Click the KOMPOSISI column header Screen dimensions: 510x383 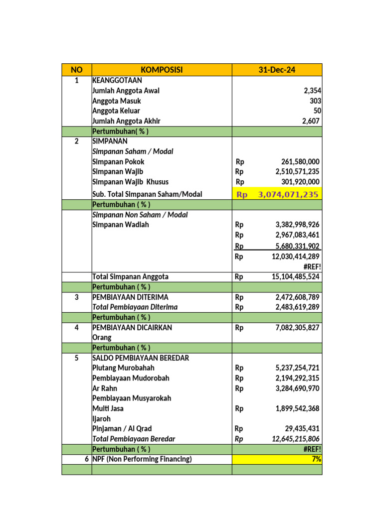coord(162,70)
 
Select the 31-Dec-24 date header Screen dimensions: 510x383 coord(277,70)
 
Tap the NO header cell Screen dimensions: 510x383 coord(76,70)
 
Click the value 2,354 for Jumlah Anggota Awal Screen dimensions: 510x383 coord(312,91)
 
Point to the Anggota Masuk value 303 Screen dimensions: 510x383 coord(315,101)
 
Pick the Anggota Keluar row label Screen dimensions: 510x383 coord(116,111)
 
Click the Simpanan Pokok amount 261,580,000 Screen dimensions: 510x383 coord(297,162)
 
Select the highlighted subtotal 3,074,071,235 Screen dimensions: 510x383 coord(288,194)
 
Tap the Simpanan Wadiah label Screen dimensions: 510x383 coord(121,225)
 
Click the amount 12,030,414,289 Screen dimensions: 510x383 coord(295,256)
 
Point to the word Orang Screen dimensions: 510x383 coord(102,338)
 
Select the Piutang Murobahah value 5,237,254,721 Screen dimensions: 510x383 coord(297,368)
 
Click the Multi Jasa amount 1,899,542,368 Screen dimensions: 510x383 coord(297,408)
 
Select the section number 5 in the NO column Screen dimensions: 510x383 coord(76,358)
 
